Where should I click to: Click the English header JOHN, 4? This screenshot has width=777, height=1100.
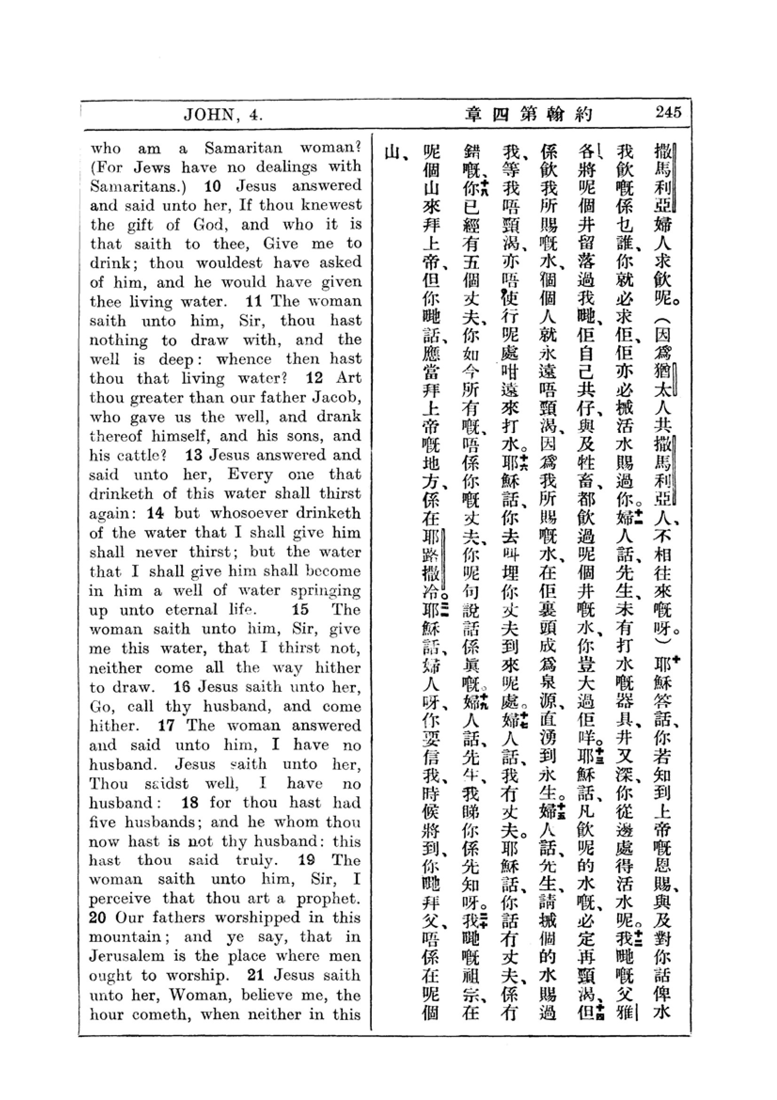tap(224, 115)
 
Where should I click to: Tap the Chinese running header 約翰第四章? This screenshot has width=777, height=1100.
tap(529, 114)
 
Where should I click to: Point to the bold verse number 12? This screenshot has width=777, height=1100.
tap(314, 378)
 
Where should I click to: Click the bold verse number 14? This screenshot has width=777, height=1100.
tap(156, 513)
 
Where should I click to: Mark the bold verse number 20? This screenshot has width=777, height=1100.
tap(99, 918)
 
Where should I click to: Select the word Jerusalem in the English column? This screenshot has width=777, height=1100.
tap(128, 956)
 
